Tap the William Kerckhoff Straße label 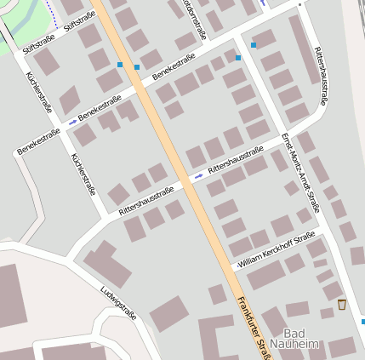(277, 252)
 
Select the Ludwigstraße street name (118, 302)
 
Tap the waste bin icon (342, 304)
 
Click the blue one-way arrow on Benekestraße (72, 122)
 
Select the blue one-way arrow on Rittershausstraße (199, 175)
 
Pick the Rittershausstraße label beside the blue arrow (235, 160)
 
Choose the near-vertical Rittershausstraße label (320, 76)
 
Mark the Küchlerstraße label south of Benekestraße (83, 174)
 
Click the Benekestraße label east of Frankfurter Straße (173, 68)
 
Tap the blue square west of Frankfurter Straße (119, 65)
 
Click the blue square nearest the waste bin (362, 322)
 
